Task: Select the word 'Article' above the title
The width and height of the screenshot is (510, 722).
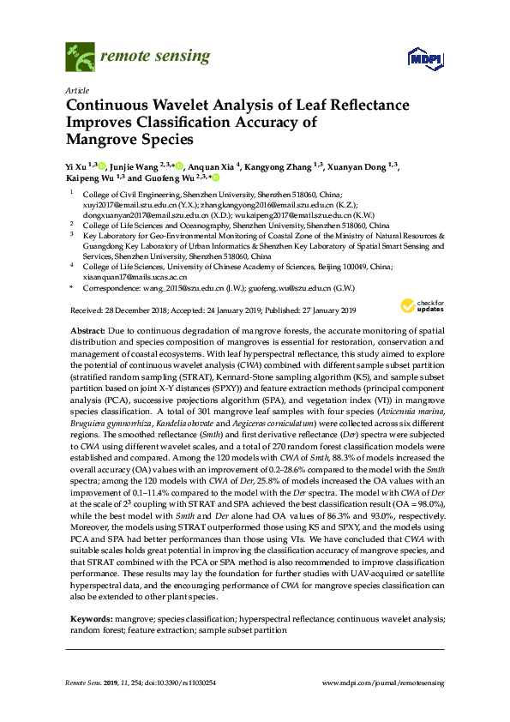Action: point(76,90)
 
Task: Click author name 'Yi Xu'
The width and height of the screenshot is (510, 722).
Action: point(77,166)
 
